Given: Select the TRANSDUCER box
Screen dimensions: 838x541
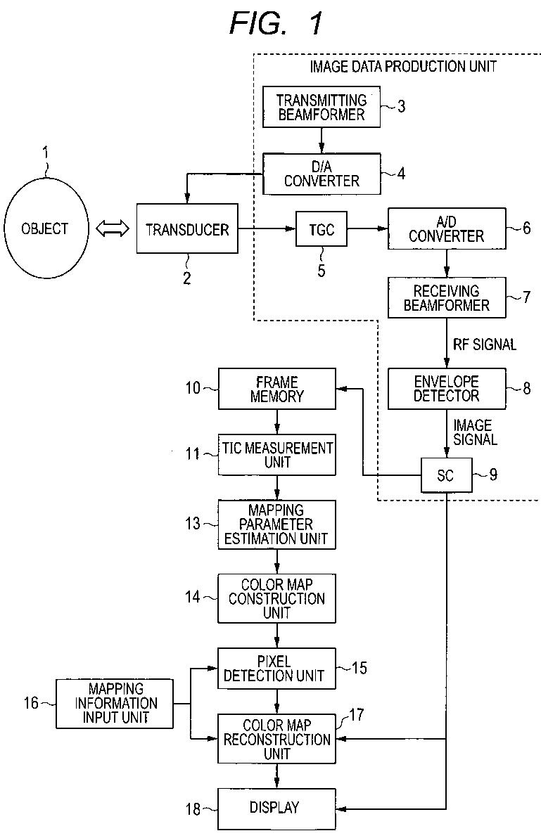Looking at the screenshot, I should (x=186, y=229).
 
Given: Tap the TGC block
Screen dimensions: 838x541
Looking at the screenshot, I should (x=320, y=228).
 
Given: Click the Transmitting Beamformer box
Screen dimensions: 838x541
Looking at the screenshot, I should (x=321, y=107).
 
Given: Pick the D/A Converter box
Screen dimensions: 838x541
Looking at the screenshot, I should (x=321, y=174).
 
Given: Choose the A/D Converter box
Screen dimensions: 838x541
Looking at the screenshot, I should (x=446, y=228).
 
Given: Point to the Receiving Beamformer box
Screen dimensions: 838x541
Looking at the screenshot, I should (x=446, y=297).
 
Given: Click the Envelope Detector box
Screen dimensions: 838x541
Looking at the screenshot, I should (x=446, y=388).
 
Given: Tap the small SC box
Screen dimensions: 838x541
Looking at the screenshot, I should (x=446, y=475).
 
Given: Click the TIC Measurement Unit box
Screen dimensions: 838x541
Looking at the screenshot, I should (x=276, y=454).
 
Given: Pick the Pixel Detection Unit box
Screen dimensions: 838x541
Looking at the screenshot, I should (x=276, y=669).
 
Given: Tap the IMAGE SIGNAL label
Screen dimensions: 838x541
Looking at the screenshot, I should (x=474, y=432).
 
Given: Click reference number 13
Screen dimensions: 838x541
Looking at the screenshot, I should (x=191, y=524).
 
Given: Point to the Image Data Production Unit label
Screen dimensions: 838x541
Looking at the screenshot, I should (x=403, y=66).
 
